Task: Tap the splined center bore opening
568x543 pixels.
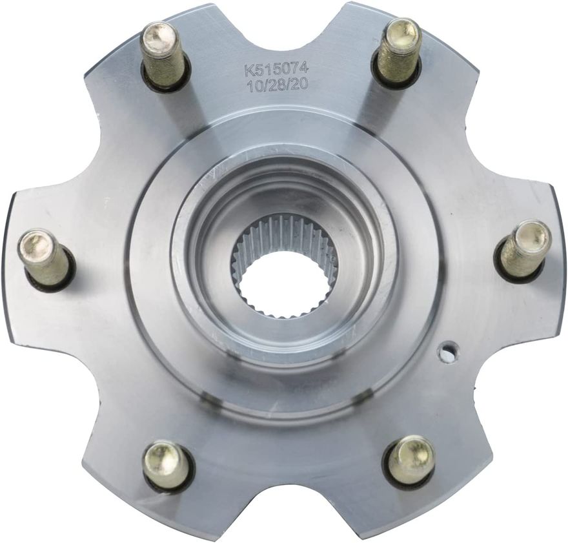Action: tap(285, 283)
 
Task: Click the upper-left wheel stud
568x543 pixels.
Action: tap(165, 55)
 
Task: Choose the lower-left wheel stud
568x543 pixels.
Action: tap(167, 465)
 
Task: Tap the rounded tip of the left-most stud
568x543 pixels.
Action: tap(30, 243)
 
